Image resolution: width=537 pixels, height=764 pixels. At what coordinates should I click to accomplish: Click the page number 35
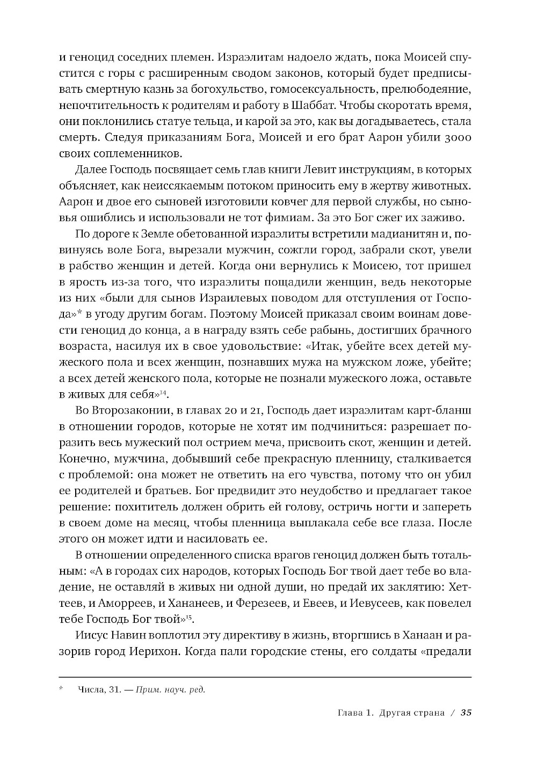click(466, 713)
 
